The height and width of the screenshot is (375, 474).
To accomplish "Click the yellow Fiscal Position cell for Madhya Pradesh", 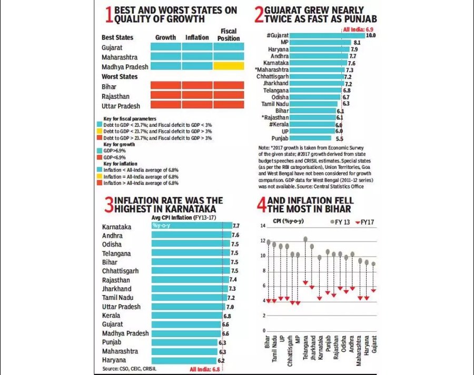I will click(229, 66).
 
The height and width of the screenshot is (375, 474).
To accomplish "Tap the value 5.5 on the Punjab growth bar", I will click(340, 138).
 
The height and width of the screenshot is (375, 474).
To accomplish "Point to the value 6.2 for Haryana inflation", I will click(221, 360).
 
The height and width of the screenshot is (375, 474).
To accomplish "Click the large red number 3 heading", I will click(109, 205).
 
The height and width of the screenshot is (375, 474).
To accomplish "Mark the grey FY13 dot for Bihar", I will click(269, 242).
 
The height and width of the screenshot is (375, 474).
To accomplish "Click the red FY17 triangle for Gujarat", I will click(374, 290).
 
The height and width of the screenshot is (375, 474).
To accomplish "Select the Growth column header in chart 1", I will click(165, 37).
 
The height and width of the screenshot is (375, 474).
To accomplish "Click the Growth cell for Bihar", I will click(165, 85).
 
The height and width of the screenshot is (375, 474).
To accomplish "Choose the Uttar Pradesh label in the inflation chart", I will click(121, 307).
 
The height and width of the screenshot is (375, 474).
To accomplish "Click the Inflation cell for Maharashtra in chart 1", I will click(197, 56).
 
